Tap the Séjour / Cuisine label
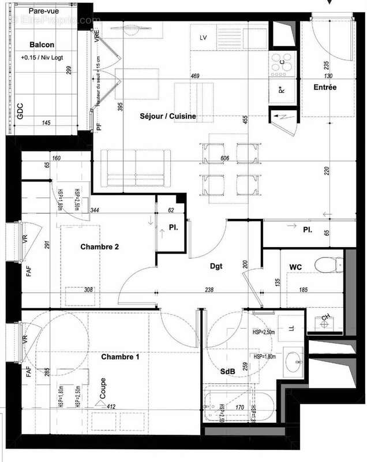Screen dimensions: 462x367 (x=168, y=116)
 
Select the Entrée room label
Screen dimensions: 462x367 (x=325, y=87)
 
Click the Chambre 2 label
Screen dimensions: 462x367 (x=99, y=247)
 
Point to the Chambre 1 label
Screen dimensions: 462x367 (x=120, y=357)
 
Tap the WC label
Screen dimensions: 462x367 (x=296, y=266)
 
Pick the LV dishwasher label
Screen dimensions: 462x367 (x=203, y=38)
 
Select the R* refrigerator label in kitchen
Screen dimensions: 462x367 (x=282, y=90)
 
